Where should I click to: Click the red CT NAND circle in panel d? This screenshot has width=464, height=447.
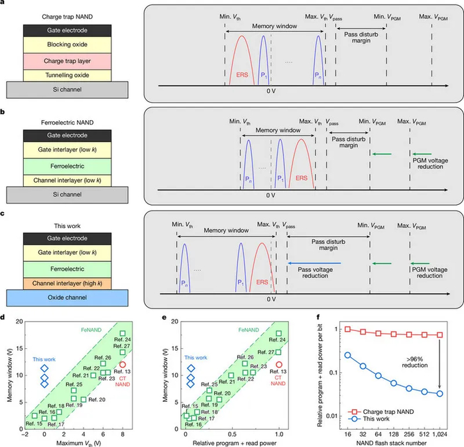pyautogui.click(x=123, y=364)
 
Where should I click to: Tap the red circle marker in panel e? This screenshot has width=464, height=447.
pyautogui.click(x=279, y=364)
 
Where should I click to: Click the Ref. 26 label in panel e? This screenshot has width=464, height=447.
pyautogui.click(x=238, y=357)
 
